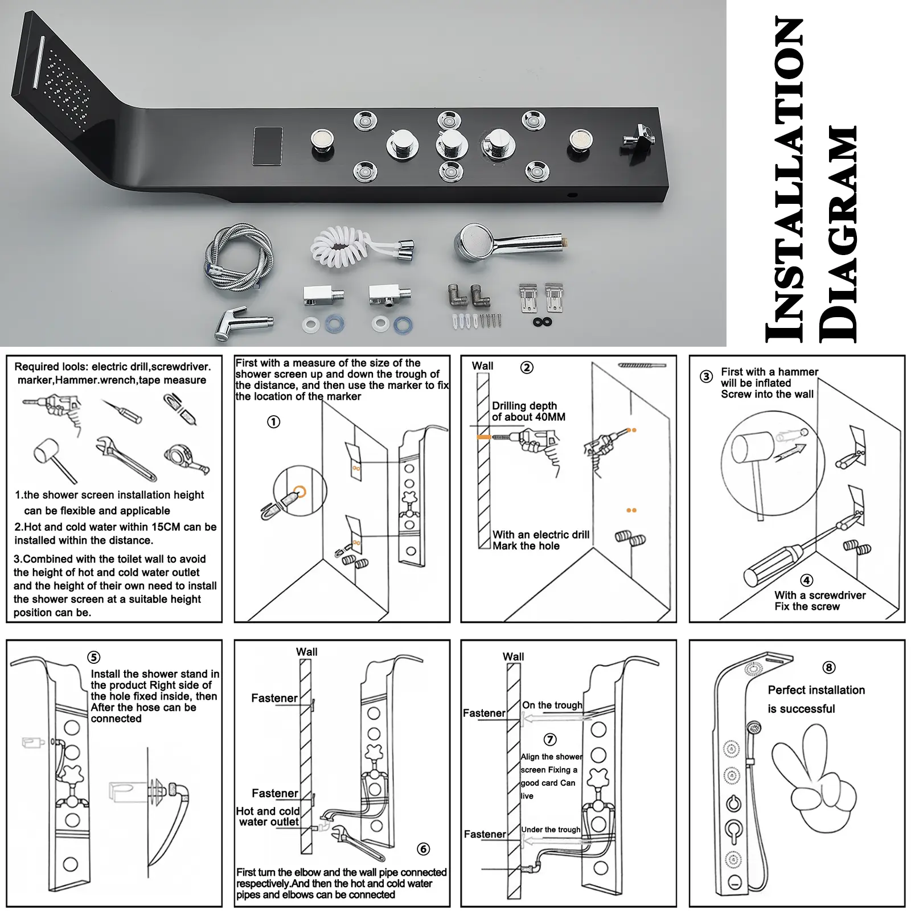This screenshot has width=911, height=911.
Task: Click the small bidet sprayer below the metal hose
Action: (242, 323)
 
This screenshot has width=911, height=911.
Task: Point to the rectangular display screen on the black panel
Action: (268, 146)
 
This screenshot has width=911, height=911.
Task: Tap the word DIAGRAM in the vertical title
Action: (838, 233)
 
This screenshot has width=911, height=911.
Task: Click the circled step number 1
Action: (274, 422)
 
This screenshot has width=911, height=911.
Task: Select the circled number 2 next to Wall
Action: (527, 368)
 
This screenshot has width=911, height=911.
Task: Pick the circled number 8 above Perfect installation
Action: (828, 667)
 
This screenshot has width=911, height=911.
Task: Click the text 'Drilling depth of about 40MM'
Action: (528, 411)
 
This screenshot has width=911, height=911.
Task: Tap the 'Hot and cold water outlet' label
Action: (268, 816)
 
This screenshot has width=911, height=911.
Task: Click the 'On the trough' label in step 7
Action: (552, 705)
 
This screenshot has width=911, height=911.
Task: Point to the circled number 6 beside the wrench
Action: (423, 849)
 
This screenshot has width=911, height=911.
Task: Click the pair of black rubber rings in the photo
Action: (543, 322)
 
